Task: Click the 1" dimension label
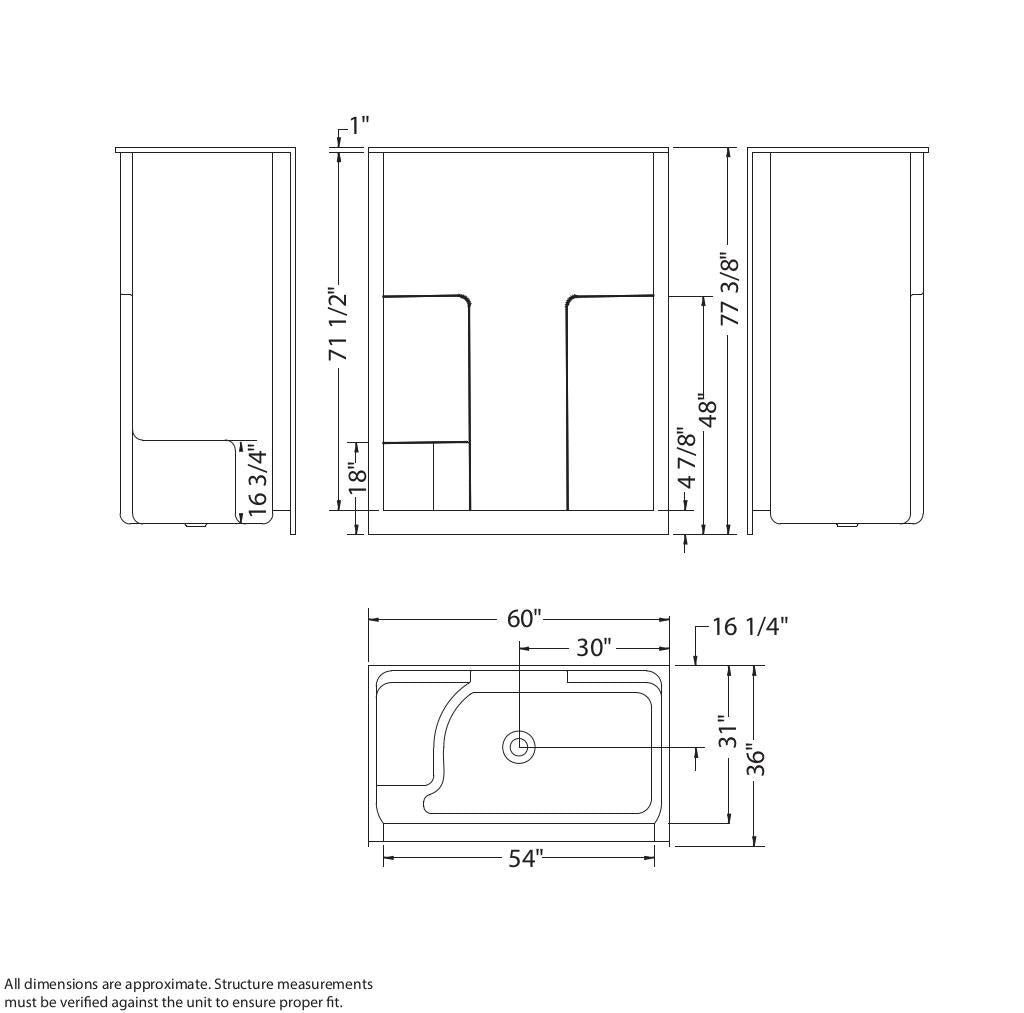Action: pyautogui.click(x=359, y=125)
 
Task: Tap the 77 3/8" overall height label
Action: pyautogui.click(x=730, y=289)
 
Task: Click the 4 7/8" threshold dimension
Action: pyautogui.click(x=686, y=457)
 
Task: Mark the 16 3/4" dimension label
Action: pyautogui.click(x=257, y=483)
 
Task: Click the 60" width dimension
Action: pyautogui.click(x=524, y=618)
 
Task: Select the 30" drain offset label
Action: pyautogui.click(x=594, y=647)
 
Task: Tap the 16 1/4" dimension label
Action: pyautogui.click(x=750, y=626)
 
